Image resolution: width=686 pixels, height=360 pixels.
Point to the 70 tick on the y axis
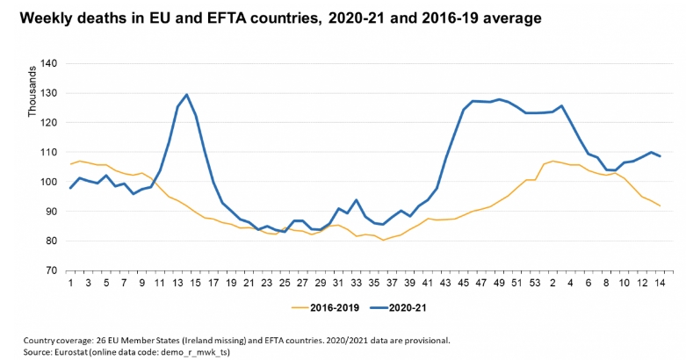(50, 270)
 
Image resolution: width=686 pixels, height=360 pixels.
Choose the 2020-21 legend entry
(400, 309)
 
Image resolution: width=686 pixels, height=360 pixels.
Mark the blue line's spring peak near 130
(187, 95)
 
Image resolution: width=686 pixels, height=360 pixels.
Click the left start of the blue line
(70, 188)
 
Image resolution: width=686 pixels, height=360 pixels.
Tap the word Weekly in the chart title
(45, 18)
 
